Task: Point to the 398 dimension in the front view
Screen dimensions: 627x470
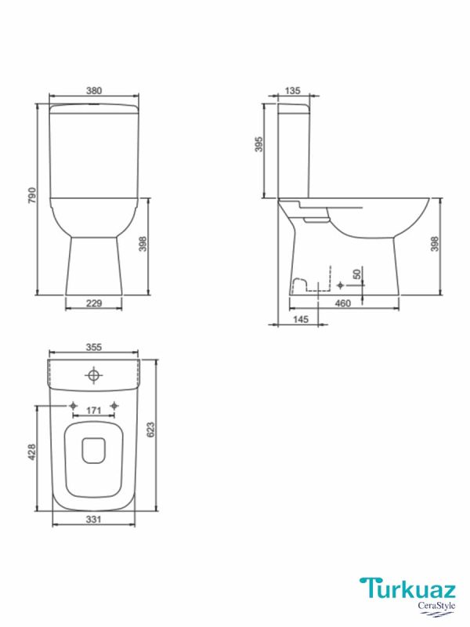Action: coord(143,246)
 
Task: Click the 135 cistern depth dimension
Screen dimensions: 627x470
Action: coord(292,91)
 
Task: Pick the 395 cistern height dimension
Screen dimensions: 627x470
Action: coord(260,145)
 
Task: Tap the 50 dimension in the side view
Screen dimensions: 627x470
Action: coord(357,274)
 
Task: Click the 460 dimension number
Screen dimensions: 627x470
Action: coord(342,303)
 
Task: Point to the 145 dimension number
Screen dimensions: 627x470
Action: coord(299,320)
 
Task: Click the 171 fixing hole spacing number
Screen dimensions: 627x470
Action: coord(94,411)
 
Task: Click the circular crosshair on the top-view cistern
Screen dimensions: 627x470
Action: coord(94,377)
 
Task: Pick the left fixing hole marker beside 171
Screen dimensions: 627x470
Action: coord(73,405)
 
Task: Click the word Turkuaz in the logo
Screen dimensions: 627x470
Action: coord(403,588)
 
